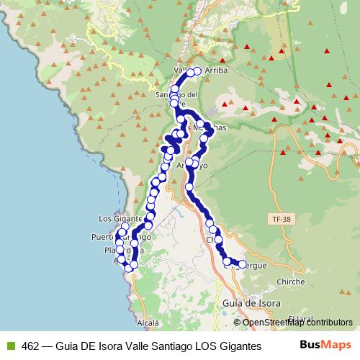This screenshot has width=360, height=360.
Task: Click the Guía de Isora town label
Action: (x=251, y=303)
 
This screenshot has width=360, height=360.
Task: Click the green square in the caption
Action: (x=9, y=346)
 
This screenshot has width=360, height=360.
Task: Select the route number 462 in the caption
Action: (x=31, y=346)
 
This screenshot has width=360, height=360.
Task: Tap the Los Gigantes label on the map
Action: (x=113, y=219)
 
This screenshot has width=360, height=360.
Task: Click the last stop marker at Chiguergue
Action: (x=241, y=264)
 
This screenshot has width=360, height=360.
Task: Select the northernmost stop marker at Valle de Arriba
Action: (x=197, y=71)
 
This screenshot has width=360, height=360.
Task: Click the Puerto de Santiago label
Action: (x=121, y=236)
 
